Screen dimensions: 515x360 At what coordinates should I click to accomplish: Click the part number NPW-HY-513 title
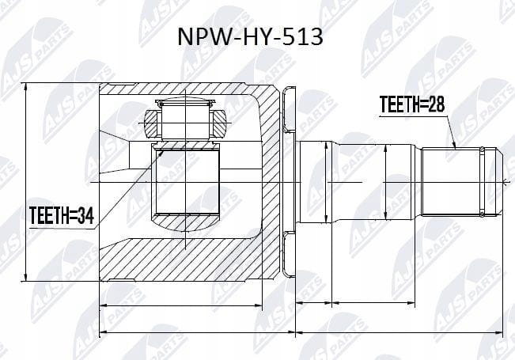[250, 36]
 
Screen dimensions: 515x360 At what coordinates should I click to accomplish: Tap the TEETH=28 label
[412, 104]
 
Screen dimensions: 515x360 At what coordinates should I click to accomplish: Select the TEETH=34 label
[62, 215]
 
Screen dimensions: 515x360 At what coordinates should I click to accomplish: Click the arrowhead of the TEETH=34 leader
[161, 153]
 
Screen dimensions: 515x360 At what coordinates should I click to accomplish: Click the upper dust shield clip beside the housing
[289, 110]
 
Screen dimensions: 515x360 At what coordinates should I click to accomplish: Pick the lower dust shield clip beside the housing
[289, 254]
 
